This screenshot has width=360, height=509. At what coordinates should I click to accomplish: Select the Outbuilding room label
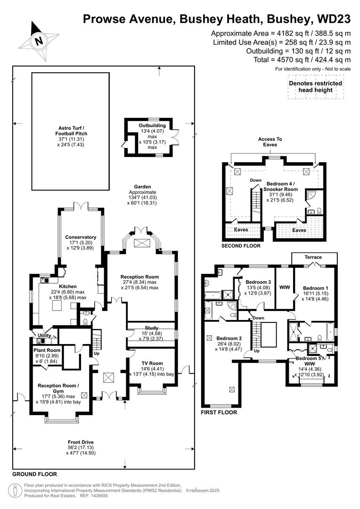pos(152,126)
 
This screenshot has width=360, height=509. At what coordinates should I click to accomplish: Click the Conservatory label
pos(81,237)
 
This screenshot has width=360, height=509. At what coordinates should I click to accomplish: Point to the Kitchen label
pos(67,286)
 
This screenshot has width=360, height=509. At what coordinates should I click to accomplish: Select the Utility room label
pos(44,336)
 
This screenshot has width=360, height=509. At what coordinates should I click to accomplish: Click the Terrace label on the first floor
pos(313,257)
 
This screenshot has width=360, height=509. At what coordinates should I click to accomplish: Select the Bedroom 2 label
pos(229,338)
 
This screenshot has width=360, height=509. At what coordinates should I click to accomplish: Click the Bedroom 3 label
pos(258,282)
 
